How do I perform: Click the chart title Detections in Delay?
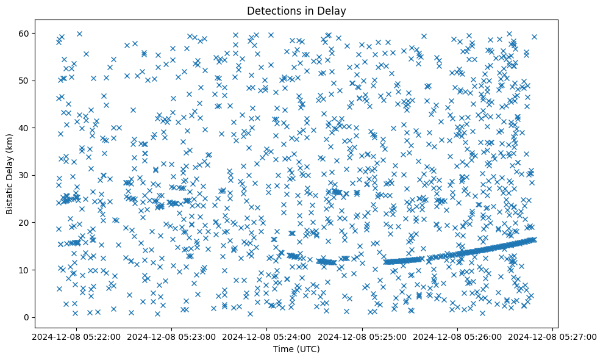coord(296,10)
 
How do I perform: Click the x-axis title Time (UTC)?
coord(296,349)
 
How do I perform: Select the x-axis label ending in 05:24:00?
coord(266,336)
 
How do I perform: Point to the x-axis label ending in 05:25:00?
coord(363,336)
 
